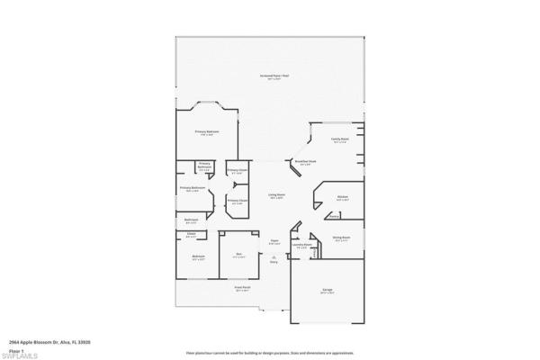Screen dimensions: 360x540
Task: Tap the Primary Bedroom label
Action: pos(208,131)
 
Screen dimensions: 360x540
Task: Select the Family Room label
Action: pos(339,139)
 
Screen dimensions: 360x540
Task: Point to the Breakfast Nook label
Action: pos(303,162)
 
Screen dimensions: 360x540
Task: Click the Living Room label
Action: pos(276,194)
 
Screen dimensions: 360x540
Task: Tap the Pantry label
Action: pos(334,216)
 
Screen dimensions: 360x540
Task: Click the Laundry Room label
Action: pos(303,244)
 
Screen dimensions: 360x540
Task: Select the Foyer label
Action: pos(274,241)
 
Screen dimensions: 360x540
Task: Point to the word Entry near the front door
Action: pos(274,262)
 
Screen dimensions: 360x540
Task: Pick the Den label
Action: pos(238,256)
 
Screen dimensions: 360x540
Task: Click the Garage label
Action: pos(328,290)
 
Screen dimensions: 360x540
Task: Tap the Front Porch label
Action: pos(242,288)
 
